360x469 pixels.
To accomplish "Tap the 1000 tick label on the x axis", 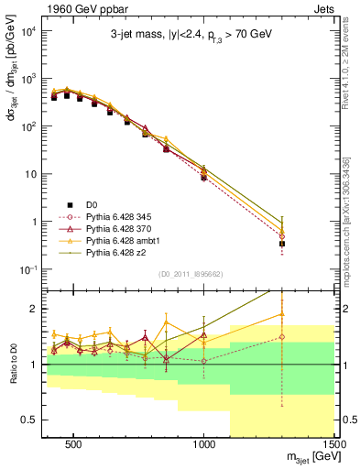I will [204, 444].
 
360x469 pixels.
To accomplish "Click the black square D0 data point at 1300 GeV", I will [282, 244].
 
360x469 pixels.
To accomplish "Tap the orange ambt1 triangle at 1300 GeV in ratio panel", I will [282, 314].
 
